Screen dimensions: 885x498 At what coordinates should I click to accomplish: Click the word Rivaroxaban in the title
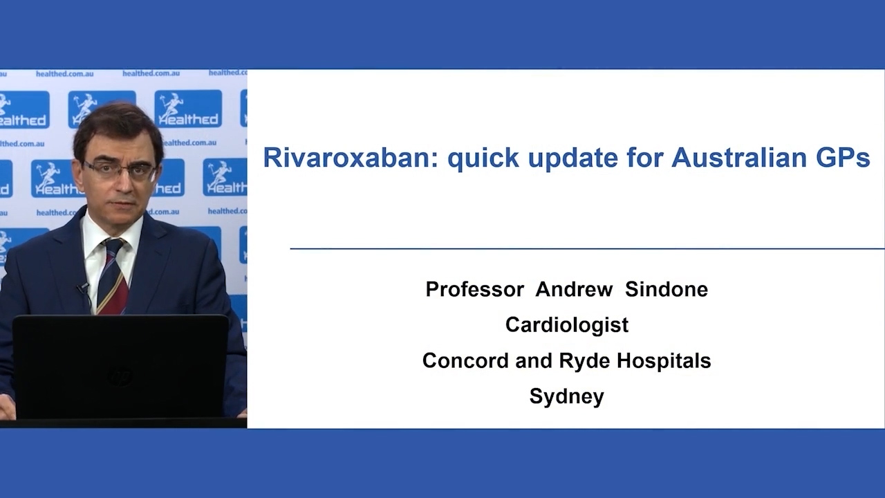pyautogui.click(x=351, y=157)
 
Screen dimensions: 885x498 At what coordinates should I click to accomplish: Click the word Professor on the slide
pyautogui.click(x=475, y=289)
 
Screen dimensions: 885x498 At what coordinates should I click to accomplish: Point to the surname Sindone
pyautogui.click(x=667, y=289)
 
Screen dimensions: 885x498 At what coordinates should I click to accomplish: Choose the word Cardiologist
pyautogui.click(x=567, y=325)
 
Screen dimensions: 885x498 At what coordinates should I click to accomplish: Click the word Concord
pyautogui.click(x=465, y=360)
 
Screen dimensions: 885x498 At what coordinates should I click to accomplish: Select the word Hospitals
pyautogui.click(x=664, y=361)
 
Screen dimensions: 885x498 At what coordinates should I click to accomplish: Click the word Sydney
pyautogui.click(x=567, y=396)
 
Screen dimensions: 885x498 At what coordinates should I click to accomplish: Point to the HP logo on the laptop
pyautogui.click(x=120, y=375)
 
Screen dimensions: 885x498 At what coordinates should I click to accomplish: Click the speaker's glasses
pyautogui.click(x=119, y=170)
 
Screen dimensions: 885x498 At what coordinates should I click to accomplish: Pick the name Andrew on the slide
pyautogui.click(x=574, y=289)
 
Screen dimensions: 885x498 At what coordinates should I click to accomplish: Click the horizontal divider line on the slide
pyautogui.click(x=588, y=248)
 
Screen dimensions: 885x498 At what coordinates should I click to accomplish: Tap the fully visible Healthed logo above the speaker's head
pyautogui.click(x=188, y=109)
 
